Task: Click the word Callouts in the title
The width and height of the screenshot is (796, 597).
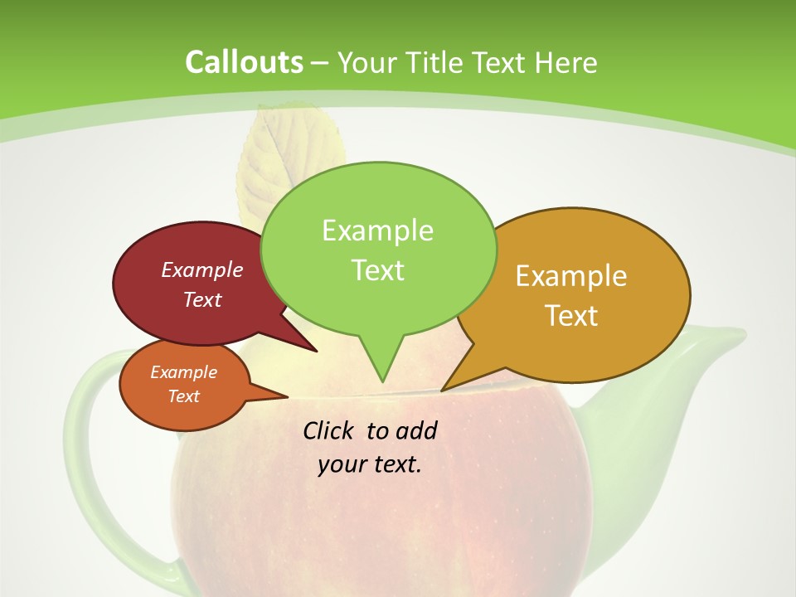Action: (x=244, y=62)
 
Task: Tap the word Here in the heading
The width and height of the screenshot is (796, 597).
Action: (x=567, y=62)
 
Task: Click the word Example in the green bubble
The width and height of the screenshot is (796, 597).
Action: (x=377, y=230)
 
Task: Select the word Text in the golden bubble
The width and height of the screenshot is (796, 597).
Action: (x=570, y=316)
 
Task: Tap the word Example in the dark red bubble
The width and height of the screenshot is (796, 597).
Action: (x=201, y=269)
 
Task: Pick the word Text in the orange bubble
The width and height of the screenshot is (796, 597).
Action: (x=183, y=396)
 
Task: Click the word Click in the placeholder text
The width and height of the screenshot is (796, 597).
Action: (x=329, y=430)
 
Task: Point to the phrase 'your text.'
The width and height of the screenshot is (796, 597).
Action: (x=369, y=464)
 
